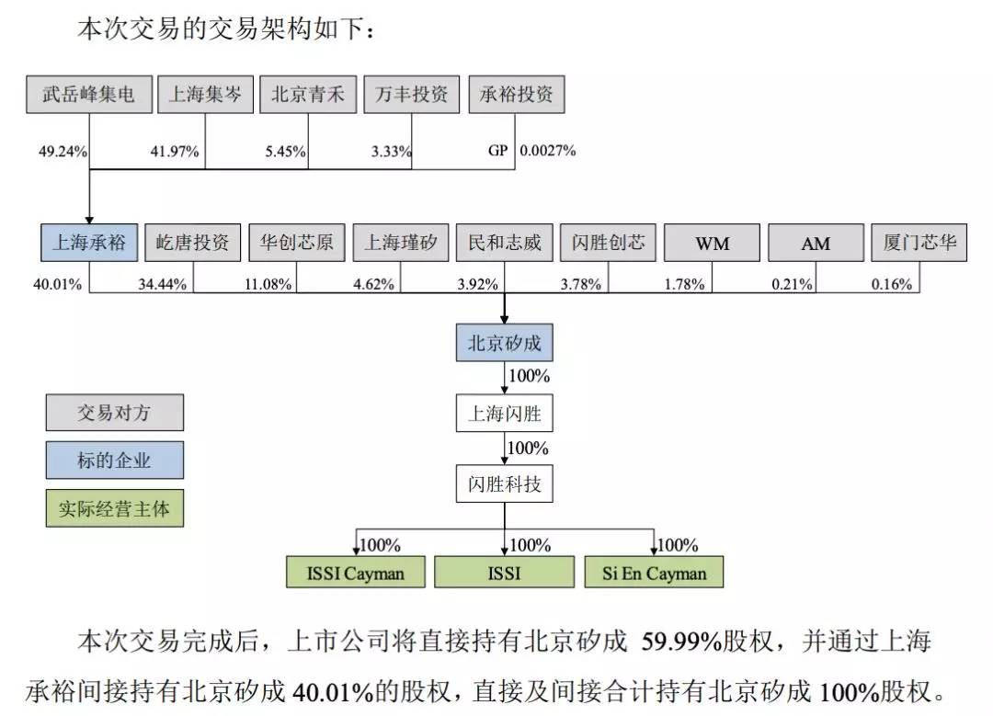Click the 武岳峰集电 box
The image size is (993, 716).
(x=88, y=95)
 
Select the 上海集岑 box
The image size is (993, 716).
(x=204, y=95)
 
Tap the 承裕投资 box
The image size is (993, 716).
(x=516, y=95)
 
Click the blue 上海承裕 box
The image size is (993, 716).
(x=88, y=243)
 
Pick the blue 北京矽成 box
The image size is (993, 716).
(x=505, y=344)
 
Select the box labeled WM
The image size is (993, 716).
(x=712, y=244)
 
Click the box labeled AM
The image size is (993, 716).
(x=816, y=244)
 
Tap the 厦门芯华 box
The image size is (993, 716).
(x=919, y=243)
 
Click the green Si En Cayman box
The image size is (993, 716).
(x=655, y=573)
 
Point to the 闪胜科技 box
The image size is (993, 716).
(x=505, y=483)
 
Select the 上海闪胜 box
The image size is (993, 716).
(x=505, y=414)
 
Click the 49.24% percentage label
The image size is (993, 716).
(x=63, y=152)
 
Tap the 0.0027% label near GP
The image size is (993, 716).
(x=548, y=151)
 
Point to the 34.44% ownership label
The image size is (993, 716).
(x=162, y=284)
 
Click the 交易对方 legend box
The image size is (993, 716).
(x=114, y=413)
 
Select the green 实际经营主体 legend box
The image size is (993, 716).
(x=114, y=508)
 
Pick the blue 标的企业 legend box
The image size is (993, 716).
(x=114, y=460)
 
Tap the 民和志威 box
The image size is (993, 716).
(x=504, y=243)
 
